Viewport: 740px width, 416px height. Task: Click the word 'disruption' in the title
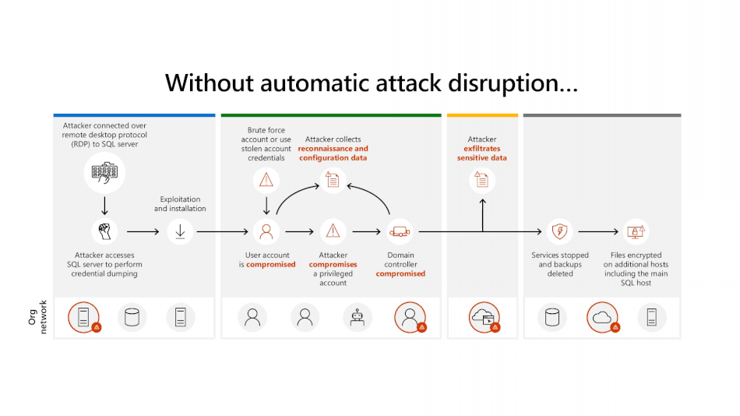pyautogui.click(x=505, y=83)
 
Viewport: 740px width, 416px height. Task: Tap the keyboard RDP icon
pyautogui.click(x=104, y=174)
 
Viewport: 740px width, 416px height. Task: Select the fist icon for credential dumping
pyautogui.click(x=104, y=231)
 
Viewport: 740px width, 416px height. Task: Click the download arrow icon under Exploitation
pyautogui.click(x=180, y=231)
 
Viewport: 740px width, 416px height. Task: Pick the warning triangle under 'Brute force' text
pyautogui.click(x=266, y=181)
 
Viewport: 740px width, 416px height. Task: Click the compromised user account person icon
pyautogui.click(x=266, y=231)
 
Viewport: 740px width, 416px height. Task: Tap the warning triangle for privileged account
pyautogui.click(x=333, y=231)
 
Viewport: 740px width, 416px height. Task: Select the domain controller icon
pyautogui.click(x=400, y=231)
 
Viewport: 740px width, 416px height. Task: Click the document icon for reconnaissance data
pyautogui.click(x=333, y=181)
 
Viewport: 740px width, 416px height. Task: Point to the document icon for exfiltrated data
pyautogui.click(x=482, y=181)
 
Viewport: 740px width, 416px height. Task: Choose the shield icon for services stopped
pyautogui.click(x=559, y=231)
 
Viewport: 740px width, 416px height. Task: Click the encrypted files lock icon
pyautogui.click(x=636, y=231)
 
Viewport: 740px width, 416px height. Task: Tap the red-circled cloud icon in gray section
pyautogui.click(x=602, y=316)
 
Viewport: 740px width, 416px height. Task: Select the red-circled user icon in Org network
pyautogui.click(x=409, y=316)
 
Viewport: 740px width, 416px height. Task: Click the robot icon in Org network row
pyautogui.click(x=358, y=316)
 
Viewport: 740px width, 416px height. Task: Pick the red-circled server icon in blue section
pyautogui.click(x=83, y=316)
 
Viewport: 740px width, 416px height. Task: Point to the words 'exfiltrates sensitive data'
pyautogui.click(x=481, y=153)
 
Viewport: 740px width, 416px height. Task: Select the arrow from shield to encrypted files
pyautogui.click(x=597, y=231)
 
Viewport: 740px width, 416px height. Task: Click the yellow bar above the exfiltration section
pyautogui.click(x=482, y=115)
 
